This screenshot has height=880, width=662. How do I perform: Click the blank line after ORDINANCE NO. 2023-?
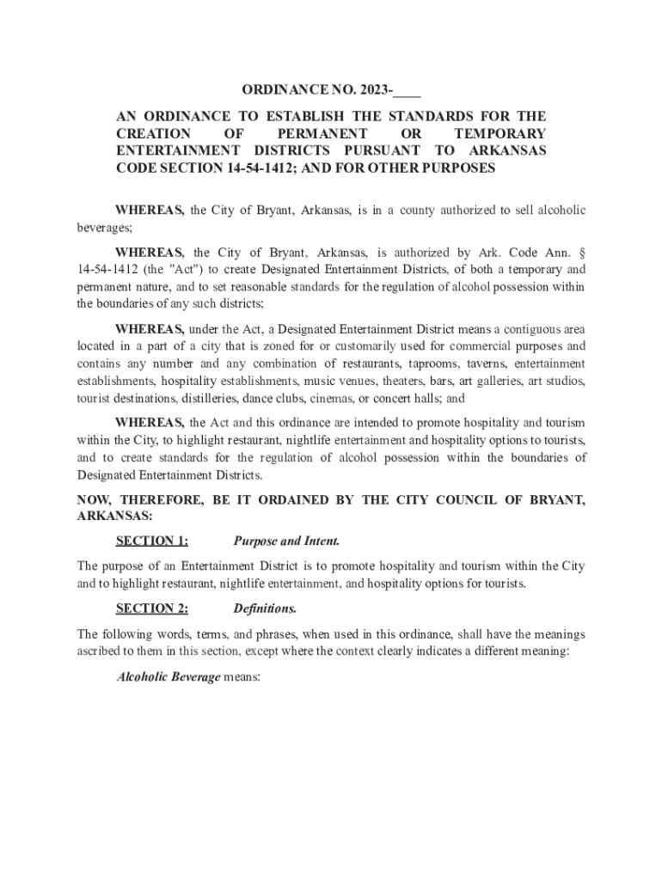point(409,91)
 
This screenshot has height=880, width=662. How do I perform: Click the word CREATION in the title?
point(154,133)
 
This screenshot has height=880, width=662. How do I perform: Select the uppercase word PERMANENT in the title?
point(322,133)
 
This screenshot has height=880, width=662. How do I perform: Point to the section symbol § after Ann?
point(583,253)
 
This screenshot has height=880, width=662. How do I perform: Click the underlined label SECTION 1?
point(152,541)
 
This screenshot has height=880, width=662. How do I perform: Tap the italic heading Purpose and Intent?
point(286,541)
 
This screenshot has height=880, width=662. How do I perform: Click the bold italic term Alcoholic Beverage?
point(169,677)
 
